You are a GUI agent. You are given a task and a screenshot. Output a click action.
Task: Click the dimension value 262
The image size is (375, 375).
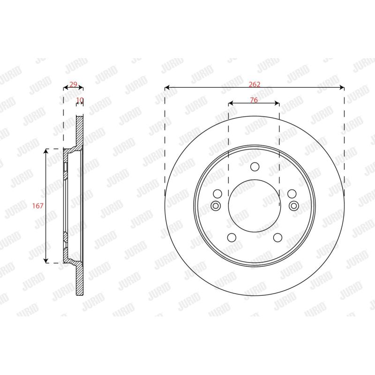click(254, 84)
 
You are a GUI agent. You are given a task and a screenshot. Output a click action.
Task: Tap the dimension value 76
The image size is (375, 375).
click(254, 100)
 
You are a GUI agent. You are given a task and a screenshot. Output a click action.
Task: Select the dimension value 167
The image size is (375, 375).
click(38, 206)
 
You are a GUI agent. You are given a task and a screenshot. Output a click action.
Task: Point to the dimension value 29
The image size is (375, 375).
click(73, 84)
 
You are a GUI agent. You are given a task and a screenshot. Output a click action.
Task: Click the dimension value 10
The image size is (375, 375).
click(80, 100)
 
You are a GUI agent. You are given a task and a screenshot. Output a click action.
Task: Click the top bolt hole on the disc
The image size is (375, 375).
click(255, 167)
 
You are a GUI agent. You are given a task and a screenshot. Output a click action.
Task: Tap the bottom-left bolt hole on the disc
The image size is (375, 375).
click(232, 238)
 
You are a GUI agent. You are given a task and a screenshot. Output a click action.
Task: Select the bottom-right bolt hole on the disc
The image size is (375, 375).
click(277, 238)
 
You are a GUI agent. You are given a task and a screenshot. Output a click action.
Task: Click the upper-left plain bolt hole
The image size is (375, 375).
click(217, 194)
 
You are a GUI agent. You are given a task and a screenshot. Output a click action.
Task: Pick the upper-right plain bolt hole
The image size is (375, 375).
click(292, 194)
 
